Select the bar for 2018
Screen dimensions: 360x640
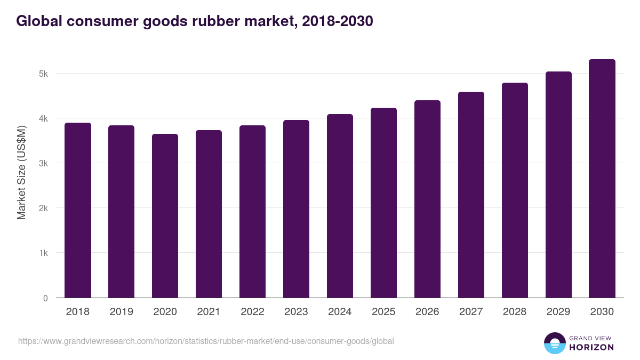[78, 210]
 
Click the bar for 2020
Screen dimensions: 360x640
[165, 216]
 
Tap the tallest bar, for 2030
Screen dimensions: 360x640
[602, 179]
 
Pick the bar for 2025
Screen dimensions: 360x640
[384, 203]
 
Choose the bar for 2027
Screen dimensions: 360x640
[471, 195]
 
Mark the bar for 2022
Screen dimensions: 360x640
[252, 212]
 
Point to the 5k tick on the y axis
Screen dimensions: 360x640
[44, 74]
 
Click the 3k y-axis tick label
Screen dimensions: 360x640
[44, 164]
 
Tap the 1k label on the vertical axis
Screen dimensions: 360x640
[44, 253]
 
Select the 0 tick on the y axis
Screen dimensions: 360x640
[45, 298]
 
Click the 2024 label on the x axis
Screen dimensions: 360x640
[340, 312]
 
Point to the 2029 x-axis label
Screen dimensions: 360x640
[558, 312]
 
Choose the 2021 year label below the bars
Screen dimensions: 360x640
[209, 312]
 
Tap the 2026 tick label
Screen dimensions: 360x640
[427, 312]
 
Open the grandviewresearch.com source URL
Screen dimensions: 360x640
[206, 341]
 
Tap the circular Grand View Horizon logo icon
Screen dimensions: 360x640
[555, 343]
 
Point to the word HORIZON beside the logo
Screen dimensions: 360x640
[591, 347]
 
